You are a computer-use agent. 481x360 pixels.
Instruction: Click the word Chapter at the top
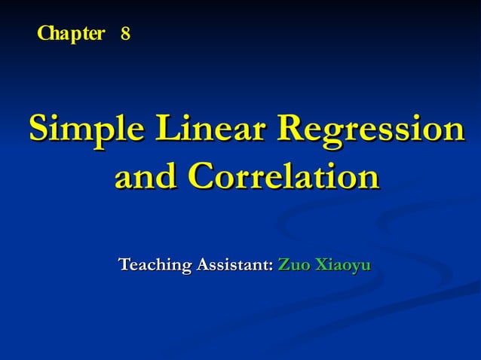coord(71,34)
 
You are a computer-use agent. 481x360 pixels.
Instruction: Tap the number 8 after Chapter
coord(125,34)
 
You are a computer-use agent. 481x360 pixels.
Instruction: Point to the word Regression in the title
coord(370,129)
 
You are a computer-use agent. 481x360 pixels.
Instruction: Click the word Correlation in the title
coord(283,177)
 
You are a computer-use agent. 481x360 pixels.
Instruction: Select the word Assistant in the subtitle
coord(234,265)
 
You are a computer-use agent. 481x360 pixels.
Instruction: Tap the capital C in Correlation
coord(202,177)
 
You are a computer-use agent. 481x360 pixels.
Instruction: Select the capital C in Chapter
coord(44,34)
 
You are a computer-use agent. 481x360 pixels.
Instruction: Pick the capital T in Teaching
coord(124,265)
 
